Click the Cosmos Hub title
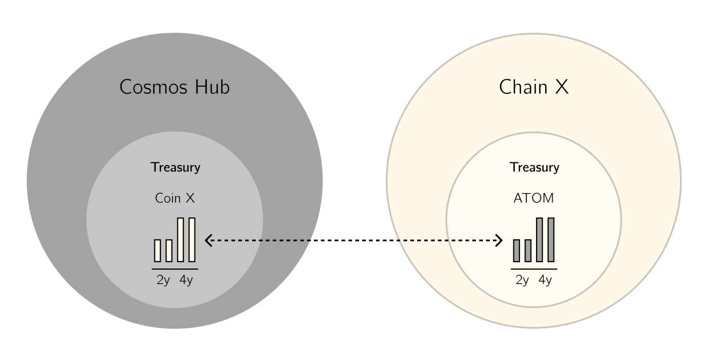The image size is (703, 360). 174,87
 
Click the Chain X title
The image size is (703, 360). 534,87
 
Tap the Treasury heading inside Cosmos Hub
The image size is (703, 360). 175,167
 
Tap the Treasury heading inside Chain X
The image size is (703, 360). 535,167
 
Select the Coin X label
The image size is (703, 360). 175,198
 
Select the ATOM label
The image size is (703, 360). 534,198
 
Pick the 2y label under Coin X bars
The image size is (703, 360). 163,280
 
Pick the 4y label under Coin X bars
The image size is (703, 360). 186,280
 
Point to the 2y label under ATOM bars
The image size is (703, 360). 522,280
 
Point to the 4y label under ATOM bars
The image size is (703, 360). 545,280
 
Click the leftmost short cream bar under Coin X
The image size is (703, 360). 157,251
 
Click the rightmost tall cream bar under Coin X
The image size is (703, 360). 192,240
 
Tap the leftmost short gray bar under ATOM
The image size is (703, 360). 516,251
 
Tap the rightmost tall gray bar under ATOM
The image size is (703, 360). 551,240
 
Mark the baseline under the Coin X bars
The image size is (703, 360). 175,269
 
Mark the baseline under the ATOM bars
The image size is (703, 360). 534,269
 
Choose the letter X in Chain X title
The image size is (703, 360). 562,87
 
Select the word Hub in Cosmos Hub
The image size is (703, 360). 212,87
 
